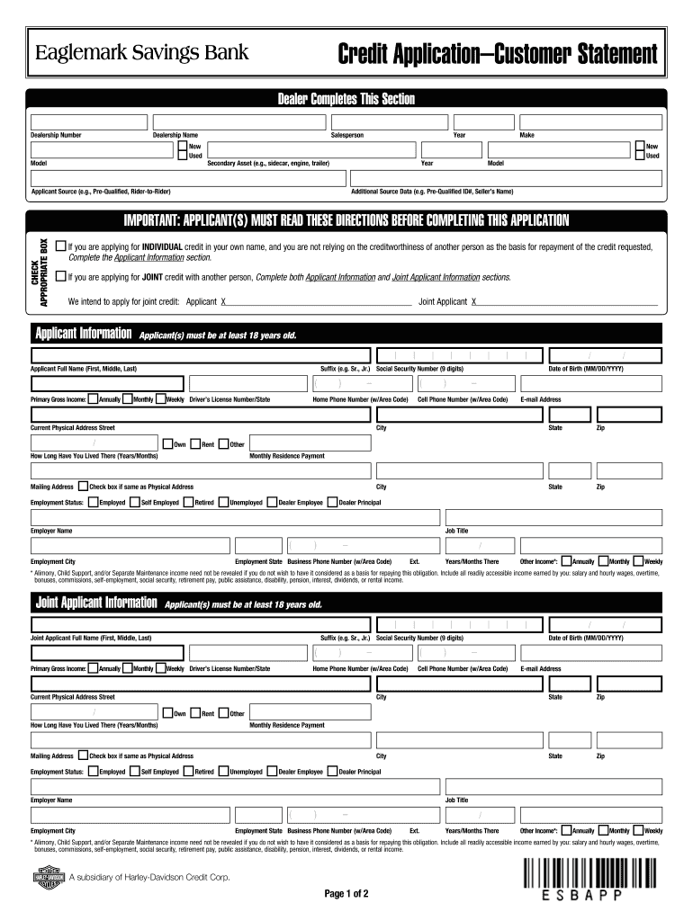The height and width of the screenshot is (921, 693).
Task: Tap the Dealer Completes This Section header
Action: coord(346,99)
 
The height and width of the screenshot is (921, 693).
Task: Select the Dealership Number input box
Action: coord(87,121)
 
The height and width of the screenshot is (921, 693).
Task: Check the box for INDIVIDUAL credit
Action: coord(60,246)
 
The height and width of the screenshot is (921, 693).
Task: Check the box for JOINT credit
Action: coord(60,276)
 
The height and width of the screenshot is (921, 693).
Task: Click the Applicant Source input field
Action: coord(187,180)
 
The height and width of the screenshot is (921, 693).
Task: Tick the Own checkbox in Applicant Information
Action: coord(167,443)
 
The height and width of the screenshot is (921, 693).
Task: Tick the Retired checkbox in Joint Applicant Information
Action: coord(188,771)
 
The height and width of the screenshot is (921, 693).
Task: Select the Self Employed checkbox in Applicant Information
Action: coord(134,502)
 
